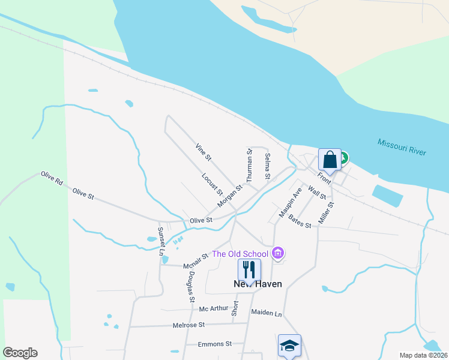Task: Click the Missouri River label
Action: coord(402,148)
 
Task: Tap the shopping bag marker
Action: coord(330,160)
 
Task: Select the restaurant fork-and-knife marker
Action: coord(250,270)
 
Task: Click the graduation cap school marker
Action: coord(289,346)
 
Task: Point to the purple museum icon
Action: coord(277,254)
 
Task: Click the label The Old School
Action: coord(240,254)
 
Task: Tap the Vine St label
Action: coord(203,152)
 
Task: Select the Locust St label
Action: coord(212,184)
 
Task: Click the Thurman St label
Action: coord(250,166)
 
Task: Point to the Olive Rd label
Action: coord(52,178)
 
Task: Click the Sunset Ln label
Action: coord(161,241)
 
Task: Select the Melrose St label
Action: coord(189,325)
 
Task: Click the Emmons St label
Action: coord(215,344)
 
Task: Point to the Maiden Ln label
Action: coord(266,313)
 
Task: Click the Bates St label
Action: coord(300,221)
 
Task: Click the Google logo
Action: coord(20,353)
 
